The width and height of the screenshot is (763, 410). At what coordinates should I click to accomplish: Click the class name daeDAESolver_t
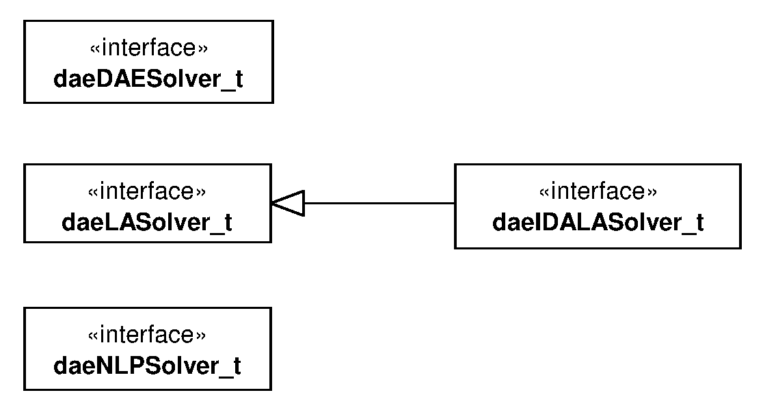point(148,79)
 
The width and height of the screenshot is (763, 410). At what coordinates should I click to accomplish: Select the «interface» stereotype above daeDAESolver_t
point(148,49)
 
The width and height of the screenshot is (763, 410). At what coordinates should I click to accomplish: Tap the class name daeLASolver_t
point(148,223)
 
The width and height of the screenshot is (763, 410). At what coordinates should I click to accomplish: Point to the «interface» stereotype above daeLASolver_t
point(148,192)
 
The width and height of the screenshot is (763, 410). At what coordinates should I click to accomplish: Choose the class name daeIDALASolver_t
point(598,223)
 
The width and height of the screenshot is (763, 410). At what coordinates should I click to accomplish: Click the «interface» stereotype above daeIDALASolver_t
point(598,192)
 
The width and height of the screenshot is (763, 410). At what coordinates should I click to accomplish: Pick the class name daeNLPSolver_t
point(148,366)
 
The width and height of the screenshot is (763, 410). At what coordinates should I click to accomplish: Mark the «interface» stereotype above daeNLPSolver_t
point(148,336)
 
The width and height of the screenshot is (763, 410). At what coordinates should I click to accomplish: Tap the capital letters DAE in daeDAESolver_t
point(116,79)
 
